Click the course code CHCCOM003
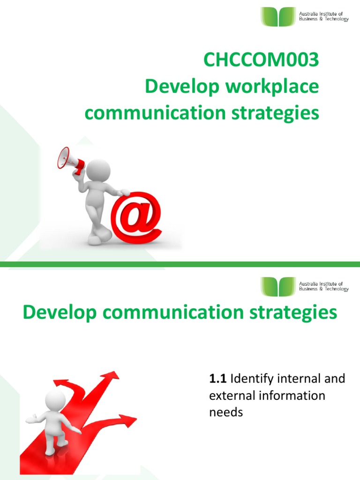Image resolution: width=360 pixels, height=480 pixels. (x=261, y=61)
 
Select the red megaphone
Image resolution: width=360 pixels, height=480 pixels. (x=70, y=159)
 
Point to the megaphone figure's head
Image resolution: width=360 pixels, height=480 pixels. (x=99, y=170)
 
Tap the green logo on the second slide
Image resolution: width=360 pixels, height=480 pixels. (x=278, y=286)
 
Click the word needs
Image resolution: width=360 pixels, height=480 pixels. (x=226, y=412)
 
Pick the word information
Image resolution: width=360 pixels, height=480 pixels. (x=291, y=396)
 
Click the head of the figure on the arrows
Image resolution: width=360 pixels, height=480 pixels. (x=55, y=400)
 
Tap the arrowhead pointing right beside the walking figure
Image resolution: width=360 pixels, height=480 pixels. (x=127, y=419)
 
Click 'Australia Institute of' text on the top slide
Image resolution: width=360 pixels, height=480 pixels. (x=321, y=15)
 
